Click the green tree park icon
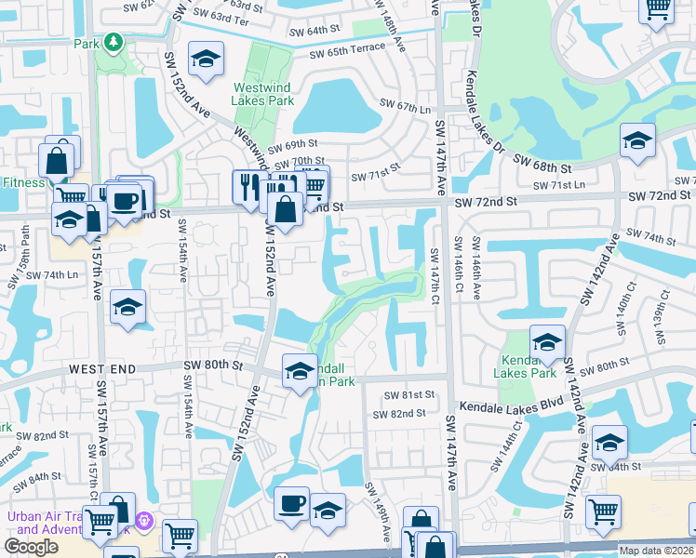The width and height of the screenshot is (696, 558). click(x=113, y=42)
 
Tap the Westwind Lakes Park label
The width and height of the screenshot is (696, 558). click(x=263, y=94)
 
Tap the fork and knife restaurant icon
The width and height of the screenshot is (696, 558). click(x=246, y=185)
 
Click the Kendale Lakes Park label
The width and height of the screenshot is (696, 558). click(x=528, y=366)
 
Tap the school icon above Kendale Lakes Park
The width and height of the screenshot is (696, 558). click(x=548, y=341)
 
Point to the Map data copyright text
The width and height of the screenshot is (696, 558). click(x=657, y=551)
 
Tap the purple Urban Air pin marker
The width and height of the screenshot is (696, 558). click(x=143, y=523)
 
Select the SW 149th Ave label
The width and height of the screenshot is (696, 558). click(x=381, y=511)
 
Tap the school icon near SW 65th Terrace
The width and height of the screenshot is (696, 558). click(x=205, y=60)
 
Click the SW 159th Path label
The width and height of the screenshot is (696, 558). click(x=12, y=251)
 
